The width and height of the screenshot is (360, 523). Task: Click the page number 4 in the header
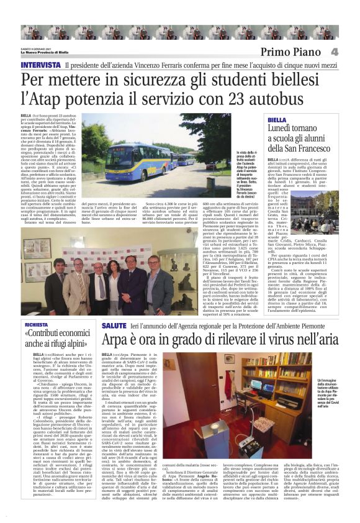[351, 52]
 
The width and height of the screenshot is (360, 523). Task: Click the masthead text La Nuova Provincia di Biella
[44, 52]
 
